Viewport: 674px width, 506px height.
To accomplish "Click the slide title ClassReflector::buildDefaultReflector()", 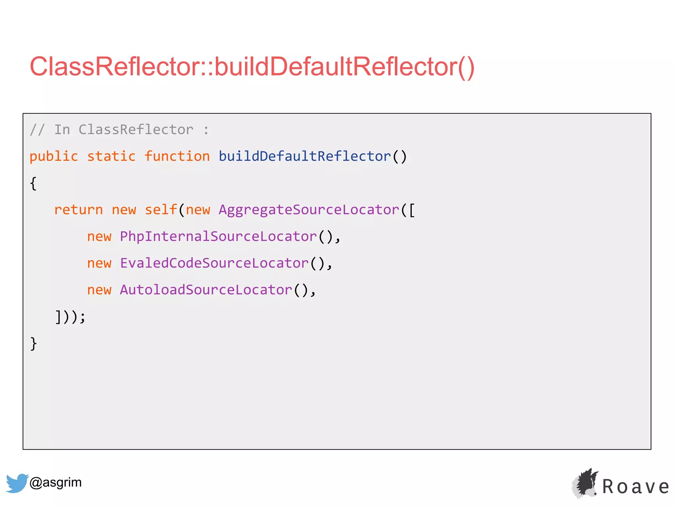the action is coord(252,67).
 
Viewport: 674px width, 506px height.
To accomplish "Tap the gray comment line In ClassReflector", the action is coord(119,130).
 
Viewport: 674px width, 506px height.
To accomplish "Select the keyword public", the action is coord(54,156).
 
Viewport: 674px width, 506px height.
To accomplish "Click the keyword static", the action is coord(111,156).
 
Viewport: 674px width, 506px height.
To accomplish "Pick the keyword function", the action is coord(177,156).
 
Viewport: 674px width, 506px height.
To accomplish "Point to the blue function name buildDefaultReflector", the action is coord(305,156).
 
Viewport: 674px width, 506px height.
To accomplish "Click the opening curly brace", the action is coord(33,183).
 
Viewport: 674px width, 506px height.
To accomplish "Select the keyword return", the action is coord(78,210).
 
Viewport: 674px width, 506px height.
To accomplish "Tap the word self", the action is coord(161,210).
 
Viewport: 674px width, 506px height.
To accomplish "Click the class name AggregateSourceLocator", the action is coord(309,210).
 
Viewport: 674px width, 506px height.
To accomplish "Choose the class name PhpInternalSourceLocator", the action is coord(218,237).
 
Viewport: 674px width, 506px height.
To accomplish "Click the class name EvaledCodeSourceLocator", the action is coord(214,263).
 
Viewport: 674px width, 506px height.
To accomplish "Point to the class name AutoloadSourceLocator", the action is coord(206,290).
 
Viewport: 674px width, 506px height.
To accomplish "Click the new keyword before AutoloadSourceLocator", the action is coord(99,290).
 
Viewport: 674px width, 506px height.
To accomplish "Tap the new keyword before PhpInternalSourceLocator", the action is coord(99,237).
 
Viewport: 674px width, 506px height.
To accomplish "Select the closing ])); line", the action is coord(70,317).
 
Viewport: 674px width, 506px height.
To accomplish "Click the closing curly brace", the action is coord(33,344).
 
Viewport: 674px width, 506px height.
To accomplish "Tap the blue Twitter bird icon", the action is coord(17,483).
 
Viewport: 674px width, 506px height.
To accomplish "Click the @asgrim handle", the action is coord(56,483).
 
